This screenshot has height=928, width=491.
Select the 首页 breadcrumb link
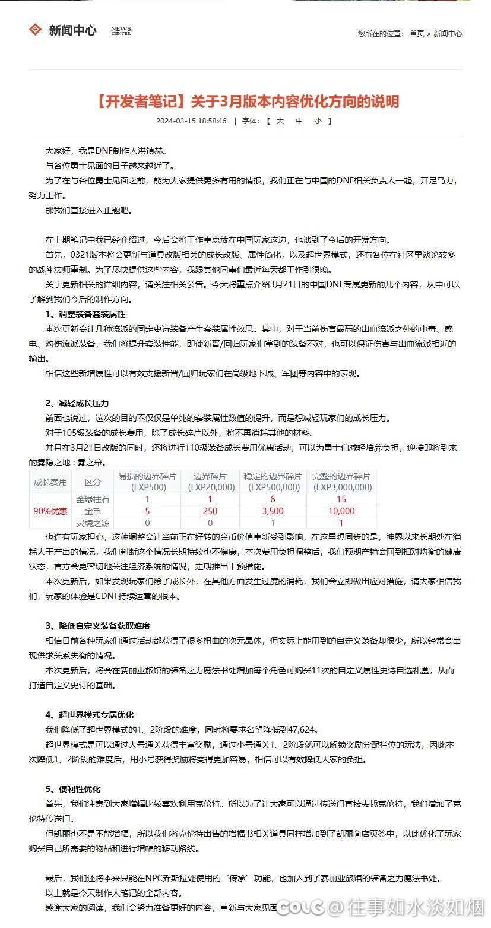(x=417, y=34)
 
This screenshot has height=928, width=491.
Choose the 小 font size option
(x=318, y=121)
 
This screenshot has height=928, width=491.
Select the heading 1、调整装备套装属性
(x=85, y=314)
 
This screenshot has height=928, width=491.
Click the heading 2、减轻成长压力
(x=77, y=404)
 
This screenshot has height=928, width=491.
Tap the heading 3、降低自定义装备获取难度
(x=97, y=626)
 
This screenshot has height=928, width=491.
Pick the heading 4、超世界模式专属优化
(x=89, y=715)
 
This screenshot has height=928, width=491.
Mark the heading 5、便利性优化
(x=73, y=789)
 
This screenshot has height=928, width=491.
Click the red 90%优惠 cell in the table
(x=50, y=511)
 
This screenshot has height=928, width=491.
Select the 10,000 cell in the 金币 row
(x=341, y=511)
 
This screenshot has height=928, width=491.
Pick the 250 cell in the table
(x=210, y=511)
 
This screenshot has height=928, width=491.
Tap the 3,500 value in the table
(x=273, y=511)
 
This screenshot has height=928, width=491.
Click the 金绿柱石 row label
(x=89, y=499)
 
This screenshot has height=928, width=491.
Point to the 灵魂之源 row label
(x=89, y=522)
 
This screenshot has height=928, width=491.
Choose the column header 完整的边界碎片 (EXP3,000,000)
(x=341, y=482)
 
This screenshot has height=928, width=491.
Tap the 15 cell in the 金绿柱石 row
(x=341, y=499)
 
